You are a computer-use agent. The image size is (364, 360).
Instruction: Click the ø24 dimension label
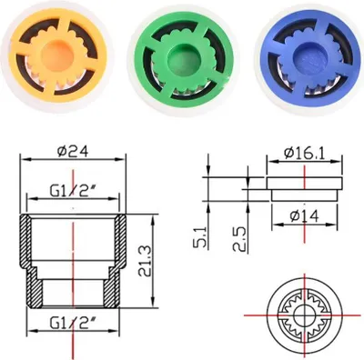click(73, 152)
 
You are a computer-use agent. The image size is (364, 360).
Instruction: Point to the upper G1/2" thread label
click(73, 192)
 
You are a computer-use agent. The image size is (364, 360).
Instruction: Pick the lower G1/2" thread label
click(73, 324)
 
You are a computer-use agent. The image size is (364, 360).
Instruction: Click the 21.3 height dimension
click(144, 261)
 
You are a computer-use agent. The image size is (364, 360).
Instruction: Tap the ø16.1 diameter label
click(304, 154)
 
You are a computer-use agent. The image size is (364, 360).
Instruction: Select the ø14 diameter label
click(304, 216)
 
